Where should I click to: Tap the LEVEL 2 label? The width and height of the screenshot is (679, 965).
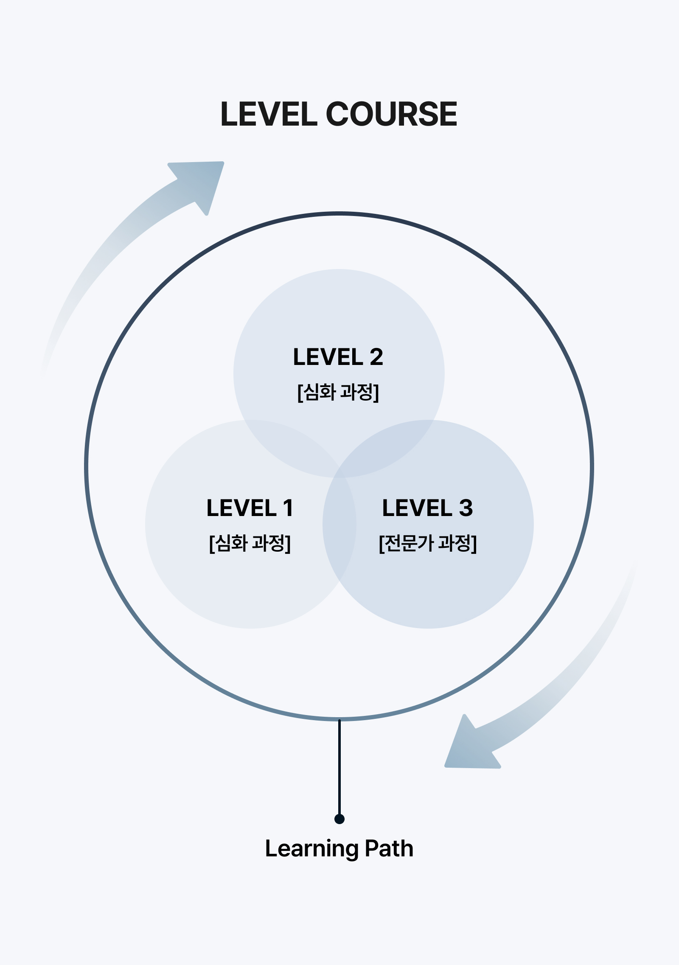pyautogui.click(x=338, y=357)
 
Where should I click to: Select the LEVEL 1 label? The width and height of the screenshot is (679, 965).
pyautogui.click(x=250, y=508)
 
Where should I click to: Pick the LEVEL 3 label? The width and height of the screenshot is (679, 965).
pyautogui.click(x=427, y=508)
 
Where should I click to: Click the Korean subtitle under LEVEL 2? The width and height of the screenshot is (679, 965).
pyautogui.click(x=338, y=392)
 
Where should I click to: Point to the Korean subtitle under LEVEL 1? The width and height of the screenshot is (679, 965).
pyautogui.click(x=250, y=543)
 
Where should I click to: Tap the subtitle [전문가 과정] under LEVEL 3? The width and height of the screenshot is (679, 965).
pyautogui.click(x=427, y=543)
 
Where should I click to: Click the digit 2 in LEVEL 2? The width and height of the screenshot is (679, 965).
pyautogui.click(x=376, y=357)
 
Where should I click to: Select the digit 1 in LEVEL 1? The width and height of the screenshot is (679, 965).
pyautogui.click(x=288, y=508)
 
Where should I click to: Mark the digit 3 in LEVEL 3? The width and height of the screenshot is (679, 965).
pyautogui.click(x=466, y=508)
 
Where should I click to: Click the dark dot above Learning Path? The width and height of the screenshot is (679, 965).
pyautogui.click(x=339, y=819)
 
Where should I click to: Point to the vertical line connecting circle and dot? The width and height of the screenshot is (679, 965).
pyautogui.click(x=339, y=768)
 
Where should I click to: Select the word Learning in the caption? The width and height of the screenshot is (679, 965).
pyautogui.click(x=311, y=849)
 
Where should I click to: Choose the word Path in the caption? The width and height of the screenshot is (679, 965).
pyautogui.click(x=389, y=849)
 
